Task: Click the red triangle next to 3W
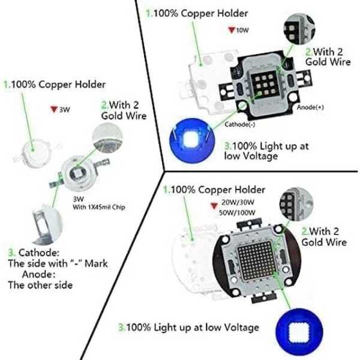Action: (x=54, y=110)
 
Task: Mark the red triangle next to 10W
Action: (x=231, y=30)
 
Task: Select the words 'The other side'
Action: (x=40, y=285)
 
